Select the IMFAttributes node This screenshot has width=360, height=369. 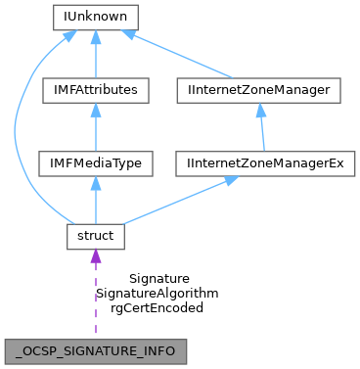[x=95, y=90]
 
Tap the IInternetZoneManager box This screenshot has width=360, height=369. [x=261, y=90]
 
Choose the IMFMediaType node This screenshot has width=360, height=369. [x=95, y=162]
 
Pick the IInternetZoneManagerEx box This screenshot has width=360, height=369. [x=261, y=162]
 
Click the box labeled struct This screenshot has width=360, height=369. [x=95, y=235]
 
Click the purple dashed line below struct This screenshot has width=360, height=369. [x=95, y=299]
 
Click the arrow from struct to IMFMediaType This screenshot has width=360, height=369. [x=95, y=202]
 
